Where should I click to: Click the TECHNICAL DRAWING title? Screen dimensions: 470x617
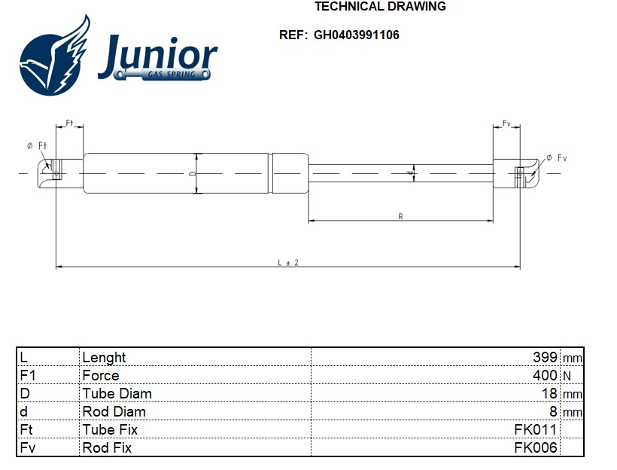(x=379, y=7)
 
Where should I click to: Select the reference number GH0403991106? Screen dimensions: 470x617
(x=357, y=35)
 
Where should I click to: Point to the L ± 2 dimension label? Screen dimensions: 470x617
(x=288, y=261)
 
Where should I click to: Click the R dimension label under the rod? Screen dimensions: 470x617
(x=400, y=216)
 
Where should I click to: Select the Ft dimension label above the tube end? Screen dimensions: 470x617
(x=69, y=123)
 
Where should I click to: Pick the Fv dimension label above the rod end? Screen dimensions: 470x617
(x=506, y=123)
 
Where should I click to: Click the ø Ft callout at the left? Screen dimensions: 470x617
(x=37, y=146)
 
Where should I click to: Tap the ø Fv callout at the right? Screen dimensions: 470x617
(x=556, y=157)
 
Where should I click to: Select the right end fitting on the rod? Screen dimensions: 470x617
(x=518, y=172)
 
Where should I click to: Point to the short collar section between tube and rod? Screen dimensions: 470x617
(x=290, y=174)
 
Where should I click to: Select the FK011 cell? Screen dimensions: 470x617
(x=535, y=430)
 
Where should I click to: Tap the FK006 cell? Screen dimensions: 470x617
(x=535, y=448)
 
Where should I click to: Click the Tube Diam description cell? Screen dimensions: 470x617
(x=117, y=393)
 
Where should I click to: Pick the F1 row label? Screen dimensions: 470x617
(x=28, y=375)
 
